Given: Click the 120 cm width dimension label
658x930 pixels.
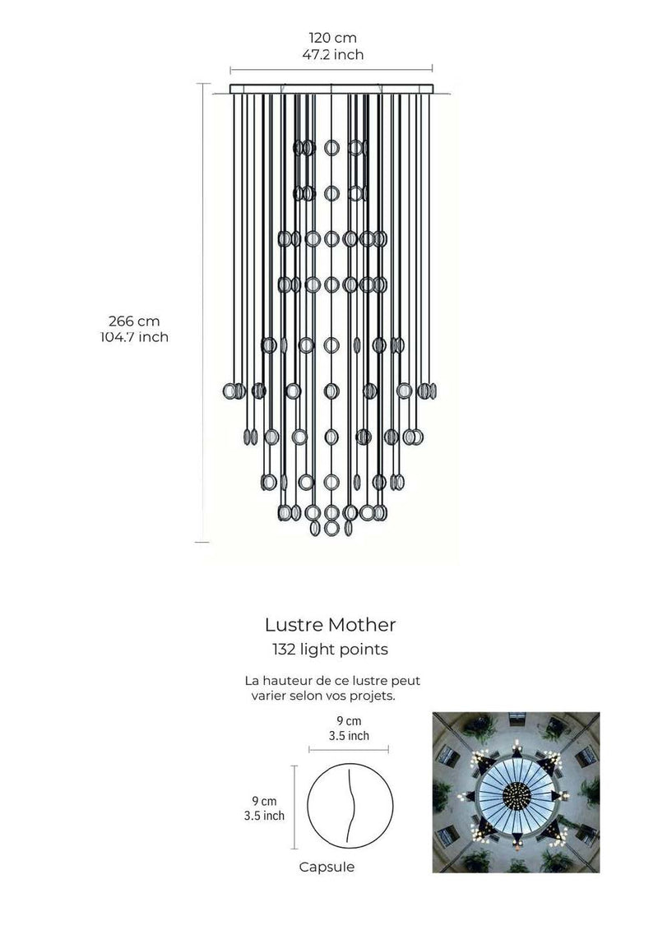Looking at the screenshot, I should click(x=332, y=38).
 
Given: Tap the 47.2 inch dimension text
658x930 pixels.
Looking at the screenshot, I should click(x=332, y=55).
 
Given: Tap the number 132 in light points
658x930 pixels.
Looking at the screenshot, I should click(x=285, y=650).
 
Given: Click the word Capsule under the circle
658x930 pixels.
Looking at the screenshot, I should click(x=327, y=867).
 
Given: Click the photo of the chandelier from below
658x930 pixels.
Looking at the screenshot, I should click(x=516, y=792).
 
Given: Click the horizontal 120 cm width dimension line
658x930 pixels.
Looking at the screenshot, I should click(x=331, y=71).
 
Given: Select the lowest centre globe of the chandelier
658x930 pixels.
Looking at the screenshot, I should click(x=331, y=529).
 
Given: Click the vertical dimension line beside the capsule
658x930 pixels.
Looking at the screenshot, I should click(x=294, y=807).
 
